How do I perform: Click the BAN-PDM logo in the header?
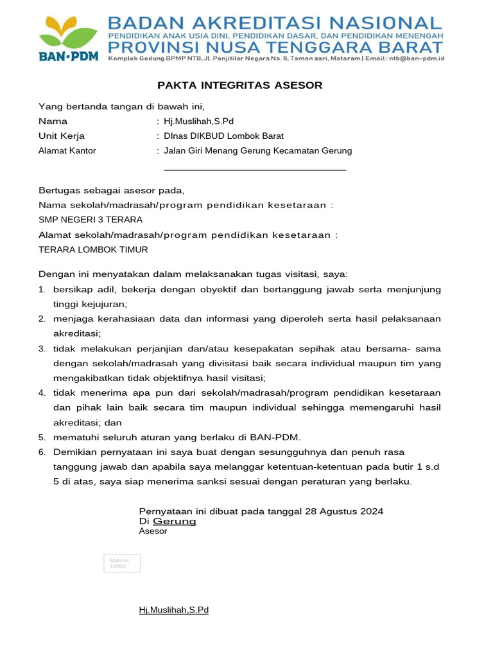point(69,38)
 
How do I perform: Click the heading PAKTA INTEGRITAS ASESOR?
point(240,85)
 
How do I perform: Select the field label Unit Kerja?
point(62,136)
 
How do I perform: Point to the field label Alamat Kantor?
point(67,151)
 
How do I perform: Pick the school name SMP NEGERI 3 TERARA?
point(91,220)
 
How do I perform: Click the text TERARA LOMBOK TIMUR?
point(93,250)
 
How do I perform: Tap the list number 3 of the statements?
point(41,349)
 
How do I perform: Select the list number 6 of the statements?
point(41,452)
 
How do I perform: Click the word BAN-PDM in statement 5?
point(275,438)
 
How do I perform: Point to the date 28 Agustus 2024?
point(344,511)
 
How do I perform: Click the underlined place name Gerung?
point(174,522)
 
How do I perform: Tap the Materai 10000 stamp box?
point(122,564)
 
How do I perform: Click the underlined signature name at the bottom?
point(174,610)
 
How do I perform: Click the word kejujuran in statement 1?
point(90,305)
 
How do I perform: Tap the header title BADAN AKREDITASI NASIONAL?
point(275,23)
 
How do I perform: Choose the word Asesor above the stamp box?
point(153,531)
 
